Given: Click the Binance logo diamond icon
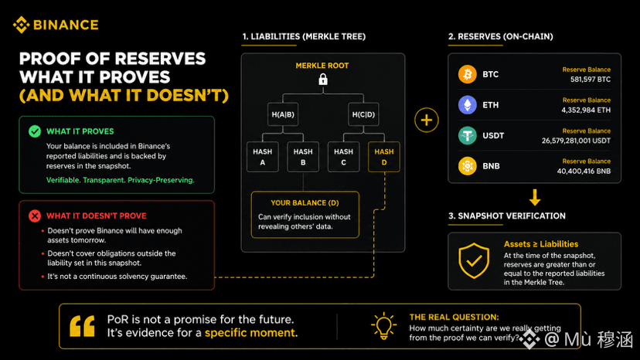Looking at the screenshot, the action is (21, 25).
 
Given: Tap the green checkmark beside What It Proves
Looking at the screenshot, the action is (35, 131).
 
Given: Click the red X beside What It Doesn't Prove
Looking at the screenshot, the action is (35, 216).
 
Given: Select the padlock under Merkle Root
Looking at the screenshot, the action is (323, 79).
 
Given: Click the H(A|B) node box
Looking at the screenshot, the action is (283, 114).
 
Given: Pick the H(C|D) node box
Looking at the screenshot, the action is (363, 114).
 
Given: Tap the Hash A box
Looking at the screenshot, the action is (263, 157).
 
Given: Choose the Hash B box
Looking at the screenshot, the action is (303, 157).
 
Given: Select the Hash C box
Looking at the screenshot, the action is (344, 157).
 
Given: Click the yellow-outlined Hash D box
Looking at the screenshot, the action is (384, 157).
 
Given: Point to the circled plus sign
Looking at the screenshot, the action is (427, 120).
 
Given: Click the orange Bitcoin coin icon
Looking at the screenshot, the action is (468, 74).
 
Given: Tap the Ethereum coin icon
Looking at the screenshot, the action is (468, 105).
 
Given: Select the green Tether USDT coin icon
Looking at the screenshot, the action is (468, 135).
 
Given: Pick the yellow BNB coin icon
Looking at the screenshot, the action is (468, 166).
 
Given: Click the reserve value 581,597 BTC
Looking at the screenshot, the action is (591, 79).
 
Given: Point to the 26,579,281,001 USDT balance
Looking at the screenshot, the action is (576, 141).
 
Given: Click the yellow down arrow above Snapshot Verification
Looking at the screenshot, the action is (535, 197).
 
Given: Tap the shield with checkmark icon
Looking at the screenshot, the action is (474, 261).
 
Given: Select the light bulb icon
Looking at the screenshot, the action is (383, 326).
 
